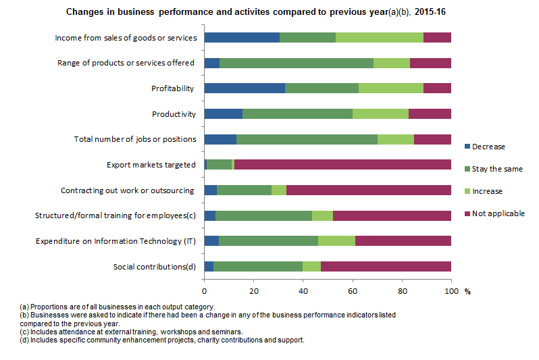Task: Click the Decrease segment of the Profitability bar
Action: [x=245, y=88]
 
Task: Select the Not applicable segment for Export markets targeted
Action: [x=342, y=164]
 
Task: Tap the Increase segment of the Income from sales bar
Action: [x=380, y=38]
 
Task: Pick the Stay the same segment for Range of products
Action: [x=297, y=63]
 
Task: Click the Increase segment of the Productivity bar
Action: [x=380, y=113]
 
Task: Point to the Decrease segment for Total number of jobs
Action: [x=220, y=139]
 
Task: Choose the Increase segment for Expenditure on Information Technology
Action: [x=336, y=240]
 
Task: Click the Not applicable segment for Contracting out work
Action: [x=368, y=190]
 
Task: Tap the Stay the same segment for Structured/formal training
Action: [x=263, y=215]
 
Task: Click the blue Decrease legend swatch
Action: [x=467, y=147]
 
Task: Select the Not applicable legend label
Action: [x=498, y=214]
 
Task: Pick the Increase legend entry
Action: [x=487, y=191]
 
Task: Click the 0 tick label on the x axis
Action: [x=205, y=291]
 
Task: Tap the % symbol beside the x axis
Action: [x=467, y=291]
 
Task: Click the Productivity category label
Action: [x=174, y=114]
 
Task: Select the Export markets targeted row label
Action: [x=151, y=165]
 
